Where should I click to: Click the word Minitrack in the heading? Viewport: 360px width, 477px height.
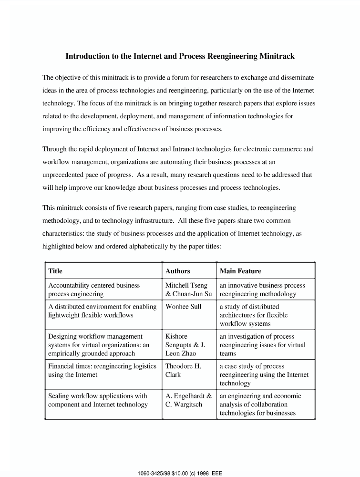[x=277, y=56]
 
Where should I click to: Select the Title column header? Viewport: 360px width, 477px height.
[x=55, y=271]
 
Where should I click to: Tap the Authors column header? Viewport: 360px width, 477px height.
[x=177, y=271]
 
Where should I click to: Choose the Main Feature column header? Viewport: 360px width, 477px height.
[x=240, y=271]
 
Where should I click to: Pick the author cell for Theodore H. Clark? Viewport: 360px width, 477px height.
[x=183, y=370]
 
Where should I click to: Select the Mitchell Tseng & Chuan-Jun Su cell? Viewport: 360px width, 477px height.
[x=188, y=290]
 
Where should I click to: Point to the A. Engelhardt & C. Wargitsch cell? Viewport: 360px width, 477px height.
[x=188, y=400]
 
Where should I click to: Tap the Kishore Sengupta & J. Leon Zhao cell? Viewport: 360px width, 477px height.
[x=185, y=345]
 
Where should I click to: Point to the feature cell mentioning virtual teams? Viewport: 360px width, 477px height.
[x=262, y=345]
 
